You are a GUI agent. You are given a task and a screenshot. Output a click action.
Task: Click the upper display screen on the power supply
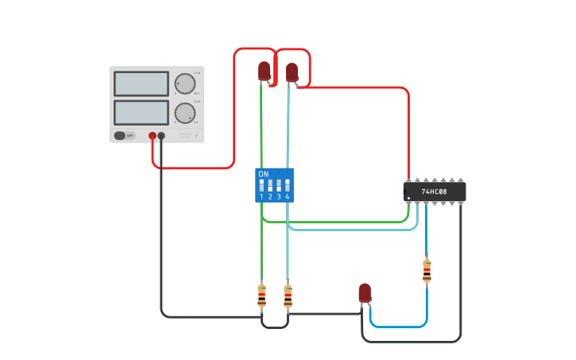tap(141, 83)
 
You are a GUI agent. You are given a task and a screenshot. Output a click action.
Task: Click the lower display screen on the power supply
tap(141, 111)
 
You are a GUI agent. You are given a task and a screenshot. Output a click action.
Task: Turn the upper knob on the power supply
tap(185, 83)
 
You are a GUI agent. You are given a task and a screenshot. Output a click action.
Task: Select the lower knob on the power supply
tap(185, 112)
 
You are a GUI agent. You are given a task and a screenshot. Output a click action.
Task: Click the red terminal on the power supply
tap(153, 136)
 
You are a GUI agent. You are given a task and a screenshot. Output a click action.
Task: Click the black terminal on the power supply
tap(161, 136)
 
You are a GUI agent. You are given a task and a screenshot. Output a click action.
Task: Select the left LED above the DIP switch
tap(264, 71)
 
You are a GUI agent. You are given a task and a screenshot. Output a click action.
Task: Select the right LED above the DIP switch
tap(292, 72)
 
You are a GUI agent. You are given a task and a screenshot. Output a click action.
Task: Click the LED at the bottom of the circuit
tap(365, 292)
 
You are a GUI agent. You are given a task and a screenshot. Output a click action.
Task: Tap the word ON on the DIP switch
tap(264, 173)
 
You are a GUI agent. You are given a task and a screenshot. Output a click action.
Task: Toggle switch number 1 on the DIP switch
tap(261, 185)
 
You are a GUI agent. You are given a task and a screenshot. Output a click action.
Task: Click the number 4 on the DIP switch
tap(288, 196)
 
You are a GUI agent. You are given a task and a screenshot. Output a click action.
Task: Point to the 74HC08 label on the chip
tap(434, 192)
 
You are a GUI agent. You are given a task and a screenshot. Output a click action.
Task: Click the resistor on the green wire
tap(261, 295)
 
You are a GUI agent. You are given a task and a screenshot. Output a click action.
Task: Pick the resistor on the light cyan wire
tap(288, 296)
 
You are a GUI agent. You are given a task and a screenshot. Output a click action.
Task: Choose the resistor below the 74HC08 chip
tap(427, 270)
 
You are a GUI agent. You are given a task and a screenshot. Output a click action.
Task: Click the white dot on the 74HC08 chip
tap(408, 198)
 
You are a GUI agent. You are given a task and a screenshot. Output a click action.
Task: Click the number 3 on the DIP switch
tap(279, 196)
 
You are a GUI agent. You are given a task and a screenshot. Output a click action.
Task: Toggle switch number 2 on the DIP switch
tap(270, 185)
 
